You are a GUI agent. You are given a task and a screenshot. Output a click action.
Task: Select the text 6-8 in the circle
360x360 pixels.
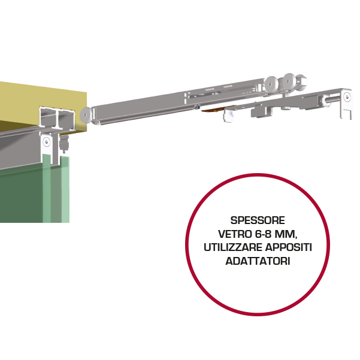[x=262, y=234]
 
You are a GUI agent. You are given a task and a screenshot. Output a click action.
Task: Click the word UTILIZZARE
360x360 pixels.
[x=229, y=247]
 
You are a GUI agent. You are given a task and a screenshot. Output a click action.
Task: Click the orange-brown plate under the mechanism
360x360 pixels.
[x=213, y=110]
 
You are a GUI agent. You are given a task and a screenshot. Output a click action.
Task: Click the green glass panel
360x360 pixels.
[x=24, y=192]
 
